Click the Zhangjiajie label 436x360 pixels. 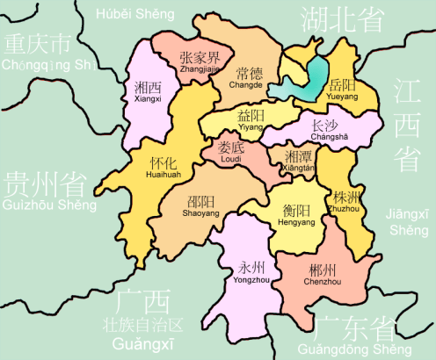click(198, 63)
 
